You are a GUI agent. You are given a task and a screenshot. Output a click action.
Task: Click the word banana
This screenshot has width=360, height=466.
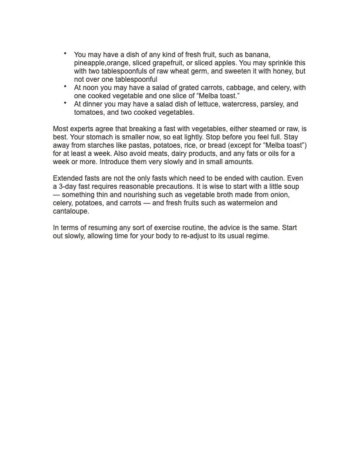pos(257,54)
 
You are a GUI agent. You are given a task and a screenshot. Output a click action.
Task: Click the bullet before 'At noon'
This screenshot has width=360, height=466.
pos(65,86)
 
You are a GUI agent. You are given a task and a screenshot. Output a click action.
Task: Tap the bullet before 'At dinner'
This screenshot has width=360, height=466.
pos(65,102)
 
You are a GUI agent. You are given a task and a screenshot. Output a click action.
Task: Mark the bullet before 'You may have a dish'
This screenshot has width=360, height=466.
pos(65,52)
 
